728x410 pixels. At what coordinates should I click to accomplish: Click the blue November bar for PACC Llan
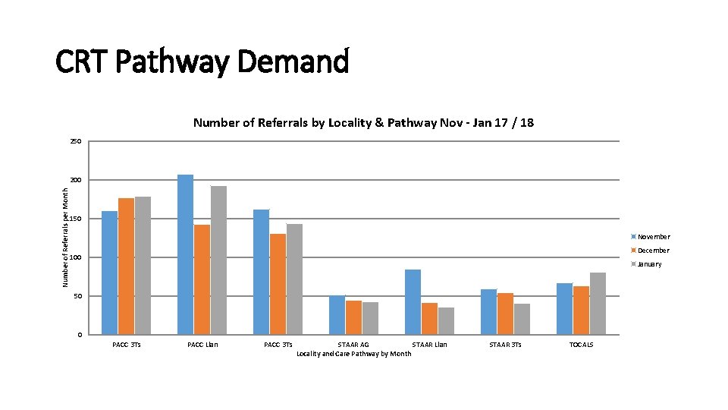coord(185,254)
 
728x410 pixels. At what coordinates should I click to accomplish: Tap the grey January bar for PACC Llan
coord(218,260)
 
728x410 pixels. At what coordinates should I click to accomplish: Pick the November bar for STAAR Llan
coord(413,302)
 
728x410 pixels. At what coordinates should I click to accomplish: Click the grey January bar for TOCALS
coord(598,304)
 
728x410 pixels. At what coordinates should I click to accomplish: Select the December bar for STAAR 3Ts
coord(505,314)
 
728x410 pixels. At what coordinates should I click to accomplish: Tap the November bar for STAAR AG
coord(337,315)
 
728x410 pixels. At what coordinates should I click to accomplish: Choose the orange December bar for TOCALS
coord(581,311)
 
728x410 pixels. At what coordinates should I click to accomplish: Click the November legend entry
coord(653,237)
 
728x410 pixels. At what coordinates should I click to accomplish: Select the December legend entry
coord(653,251)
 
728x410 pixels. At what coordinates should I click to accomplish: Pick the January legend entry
coord(649,264)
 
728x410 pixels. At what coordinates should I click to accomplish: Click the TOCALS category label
coord(581,345)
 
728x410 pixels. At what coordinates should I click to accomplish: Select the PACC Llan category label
coord(202,345)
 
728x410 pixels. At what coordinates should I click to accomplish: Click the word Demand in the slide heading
coord(293,62)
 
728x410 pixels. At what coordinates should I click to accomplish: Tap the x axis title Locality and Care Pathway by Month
coord(353,354)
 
